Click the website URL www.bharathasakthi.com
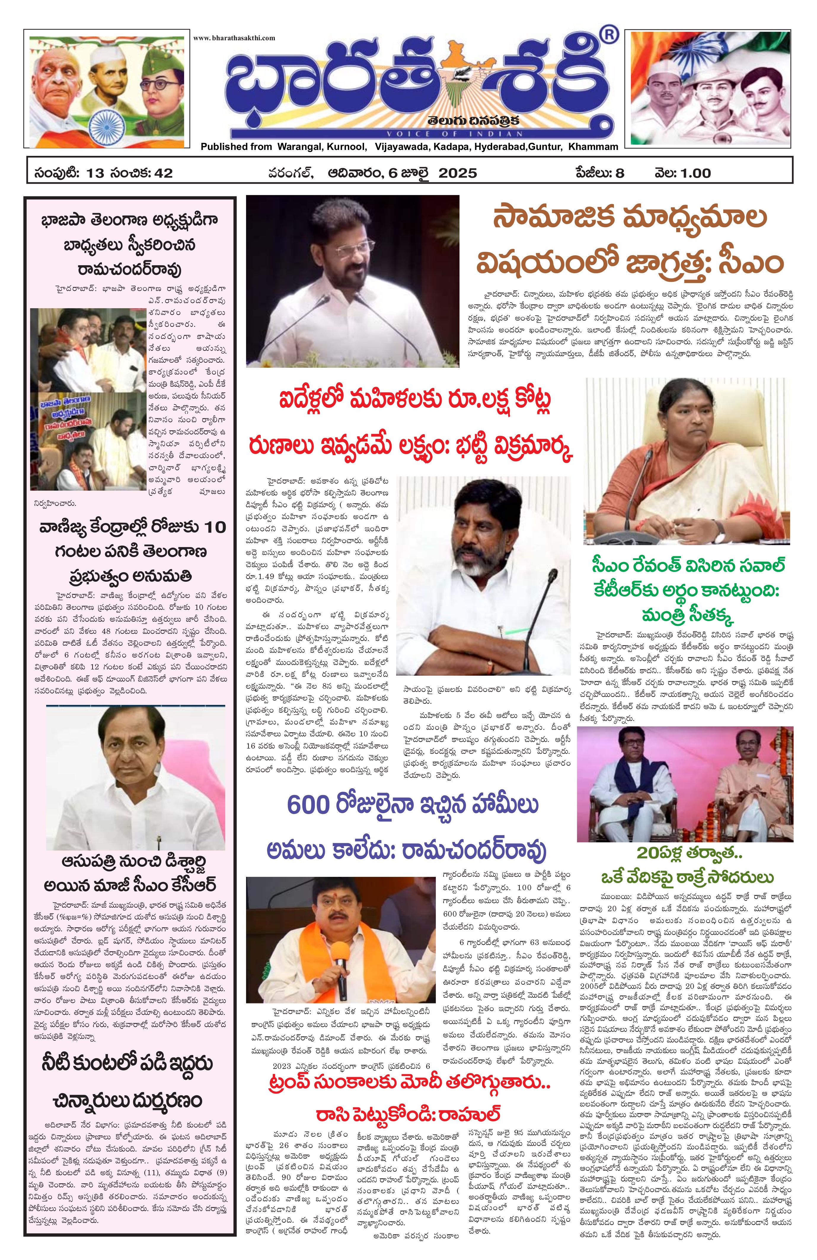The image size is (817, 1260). point(234,38)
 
